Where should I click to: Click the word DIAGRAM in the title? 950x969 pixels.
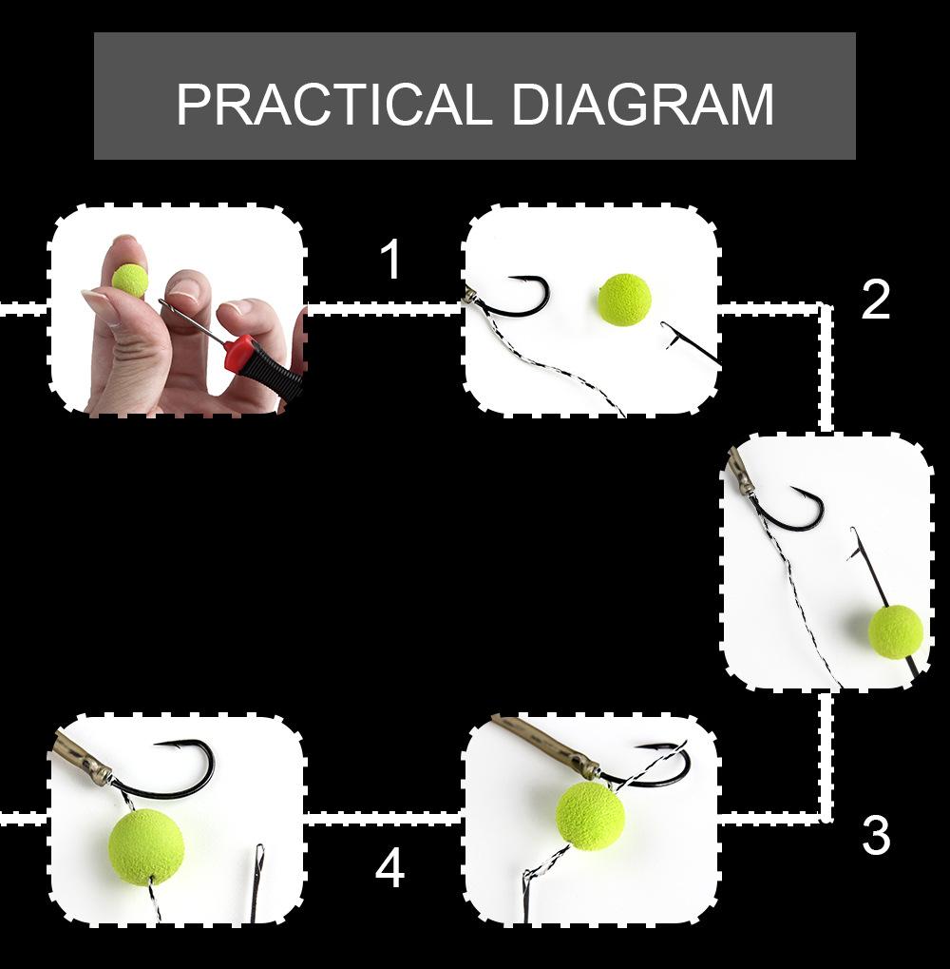click(x=642, y=104)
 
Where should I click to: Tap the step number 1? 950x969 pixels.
click(x=391, y=260)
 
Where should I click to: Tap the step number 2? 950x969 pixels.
click(x=875, y=300)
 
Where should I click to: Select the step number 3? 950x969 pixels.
click(x=875, y=836)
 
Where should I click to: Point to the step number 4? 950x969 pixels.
click(x=390, y=867)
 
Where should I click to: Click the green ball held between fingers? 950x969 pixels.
click(x=129, y=280)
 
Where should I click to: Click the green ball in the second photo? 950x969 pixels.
click(x=624, y=300)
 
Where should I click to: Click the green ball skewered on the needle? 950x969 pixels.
click(x=896, y=631)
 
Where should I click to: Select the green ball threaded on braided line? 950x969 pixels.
click(x=590, y=816)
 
